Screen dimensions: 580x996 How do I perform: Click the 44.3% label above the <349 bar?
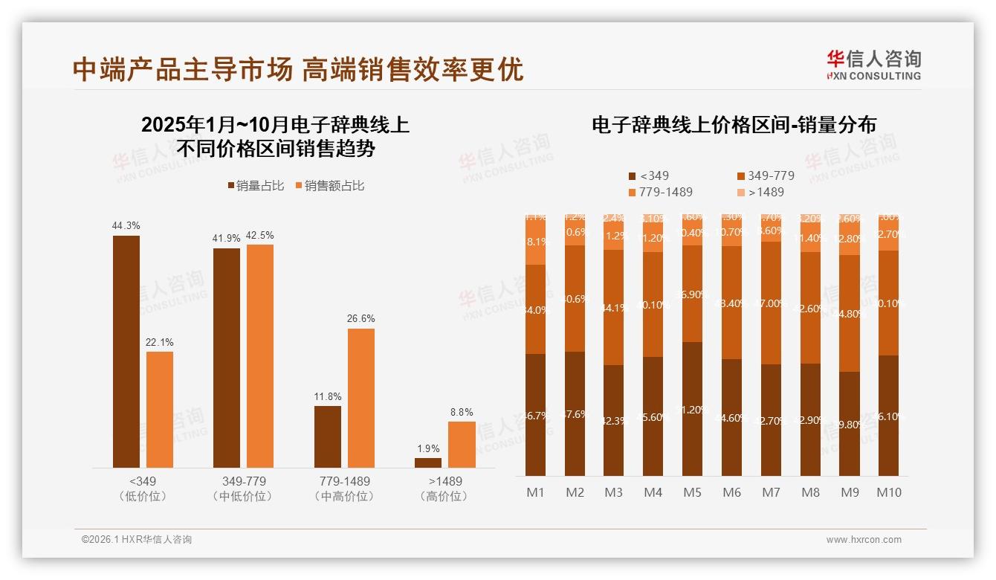126,225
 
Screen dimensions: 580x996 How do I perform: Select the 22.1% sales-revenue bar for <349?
160,409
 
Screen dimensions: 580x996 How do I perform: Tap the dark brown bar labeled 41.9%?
227,357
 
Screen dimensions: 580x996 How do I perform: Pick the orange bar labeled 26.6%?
360,398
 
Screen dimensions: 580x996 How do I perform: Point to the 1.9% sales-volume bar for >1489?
427,463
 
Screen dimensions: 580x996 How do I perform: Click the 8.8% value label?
461,412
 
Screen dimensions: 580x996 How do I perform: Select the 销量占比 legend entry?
256,186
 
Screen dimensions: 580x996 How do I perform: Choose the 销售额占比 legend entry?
330,186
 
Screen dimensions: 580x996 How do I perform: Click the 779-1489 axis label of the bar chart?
342,481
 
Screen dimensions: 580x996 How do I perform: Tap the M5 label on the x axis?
692,492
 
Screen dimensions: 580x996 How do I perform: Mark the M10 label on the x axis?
888,492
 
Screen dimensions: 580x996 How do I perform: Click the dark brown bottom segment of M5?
692,409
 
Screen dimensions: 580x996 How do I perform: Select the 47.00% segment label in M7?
770,303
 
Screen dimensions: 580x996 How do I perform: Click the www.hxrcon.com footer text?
864,540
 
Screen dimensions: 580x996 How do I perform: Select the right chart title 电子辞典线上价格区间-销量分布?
734,125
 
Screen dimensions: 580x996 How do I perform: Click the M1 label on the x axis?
535,492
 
